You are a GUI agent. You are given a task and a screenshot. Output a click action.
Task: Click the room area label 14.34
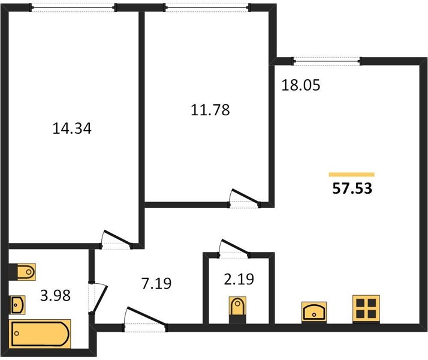point(72,128)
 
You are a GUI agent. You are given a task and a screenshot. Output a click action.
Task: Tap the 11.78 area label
point(210,110)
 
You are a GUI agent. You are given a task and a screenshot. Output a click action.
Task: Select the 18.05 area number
point(300,85)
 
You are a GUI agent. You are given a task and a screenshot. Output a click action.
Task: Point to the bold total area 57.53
point(352,188)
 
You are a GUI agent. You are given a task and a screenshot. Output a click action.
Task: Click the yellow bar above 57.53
point(351,175)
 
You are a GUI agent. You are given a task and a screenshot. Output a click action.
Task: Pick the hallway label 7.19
point(156,283)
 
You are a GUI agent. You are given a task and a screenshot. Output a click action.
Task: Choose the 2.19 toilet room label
point(239,279)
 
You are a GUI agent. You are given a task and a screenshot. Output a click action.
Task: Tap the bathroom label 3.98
point(55,295)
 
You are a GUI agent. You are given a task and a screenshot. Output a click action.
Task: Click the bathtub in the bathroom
point(40,334)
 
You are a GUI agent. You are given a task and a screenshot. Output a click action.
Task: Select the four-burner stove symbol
point(366,308)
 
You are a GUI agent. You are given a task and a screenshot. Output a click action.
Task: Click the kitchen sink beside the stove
point(314,312)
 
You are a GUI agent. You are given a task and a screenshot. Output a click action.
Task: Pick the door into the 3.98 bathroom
point(98,298)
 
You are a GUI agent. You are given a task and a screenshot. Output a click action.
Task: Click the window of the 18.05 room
point(327,61)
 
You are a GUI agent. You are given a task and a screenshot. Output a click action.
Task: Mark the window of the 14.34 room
point(73,8)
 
